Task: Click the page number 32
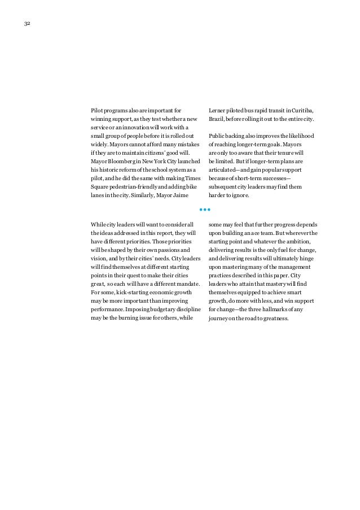27,24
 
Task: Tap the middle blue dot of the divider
204,210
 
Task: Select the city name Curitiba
303,110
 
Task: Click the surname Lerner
217,110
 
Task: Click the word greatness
274,319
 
